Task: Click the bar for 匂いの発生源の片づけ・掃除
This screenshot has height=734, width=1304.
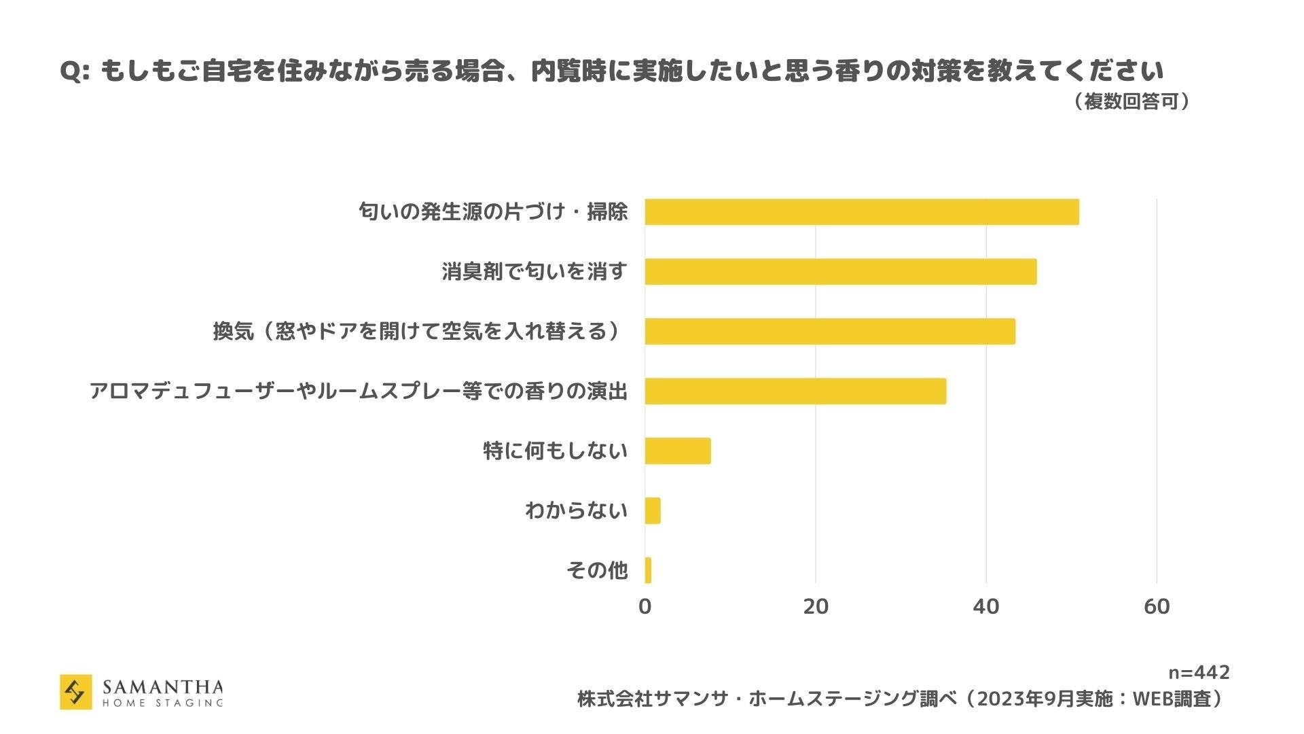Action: pos(861,212)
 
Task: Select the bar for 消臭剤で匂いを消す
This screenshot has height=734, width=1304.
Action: pos(840,272)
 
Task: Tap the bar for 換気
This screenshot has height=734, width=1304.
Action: pos(829,332)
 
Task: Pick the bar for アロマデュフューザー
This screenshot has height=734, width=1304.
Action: pos(795,391)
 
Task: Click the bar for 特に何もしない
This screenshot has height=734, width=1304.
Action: pos(677,451)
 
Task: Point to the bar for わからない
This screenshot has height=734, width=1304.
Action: pos(652,511)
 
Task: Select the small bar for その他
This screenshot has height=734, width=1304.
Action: pos(648,571)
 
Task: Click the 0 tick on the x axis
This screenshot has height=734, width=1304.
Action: pos(645,606)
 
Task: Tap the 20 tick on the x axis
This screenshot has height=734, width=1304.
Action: pos(816,606)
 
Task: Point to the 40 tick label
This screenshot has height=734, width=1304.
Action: pos(986,606)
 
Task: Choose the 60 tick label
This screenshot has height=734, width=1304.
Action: pos(1157,606)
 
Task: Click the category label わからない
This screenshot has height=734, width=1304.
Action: pos(576,510)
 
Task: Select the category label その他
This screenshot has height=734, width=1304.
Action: pos(597,570)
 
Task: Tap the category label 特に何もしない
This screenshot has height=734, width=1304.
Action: pos(555,451)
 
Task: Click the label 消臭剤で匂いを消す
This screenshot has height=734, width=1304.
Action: pos(535,272)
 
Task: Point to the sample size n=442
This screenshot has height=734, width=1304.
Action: pos(1199,673)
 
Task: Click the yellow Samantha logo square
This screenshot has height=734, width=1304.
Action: pos(75,692)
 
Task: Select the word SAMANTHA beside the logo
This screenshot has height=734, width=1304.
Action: pos(162,687)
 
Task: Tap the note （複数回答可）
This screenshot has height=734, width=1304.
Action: pos(1131,102)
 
